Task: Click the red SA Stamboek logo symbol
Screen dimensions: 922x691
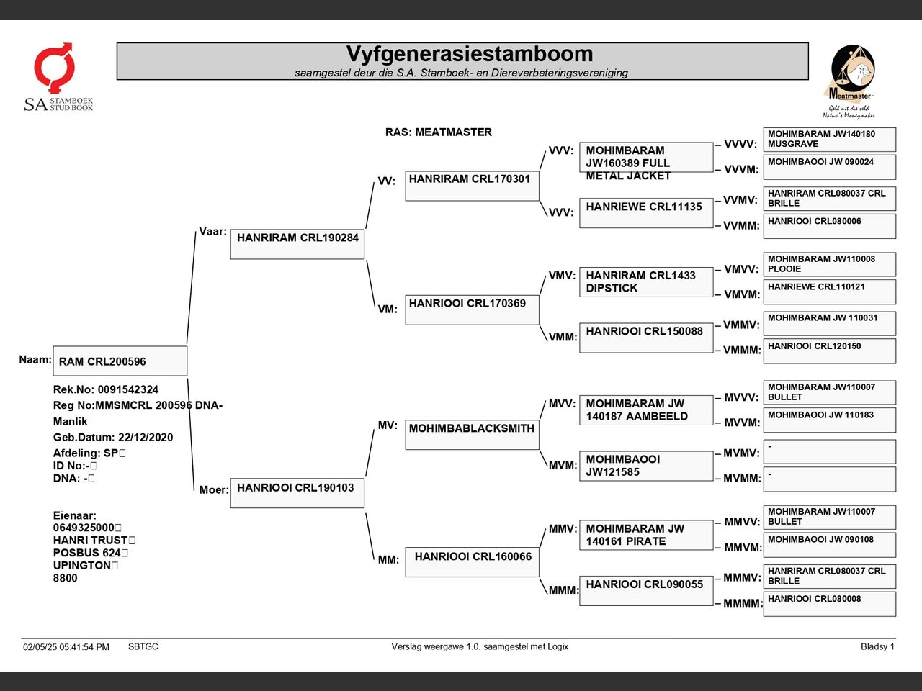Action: tap(54, 67)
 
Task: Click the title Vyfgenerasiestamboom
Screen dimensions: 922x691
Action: tap(470, 54)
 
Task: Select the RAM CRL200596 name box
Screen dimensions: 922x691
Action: tap(120, 361)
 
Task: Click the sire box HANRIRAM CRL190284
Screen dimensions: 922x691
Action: tap(297, 244)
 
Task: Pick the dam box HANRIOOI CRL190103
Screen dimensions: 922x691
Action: tap(297, 493)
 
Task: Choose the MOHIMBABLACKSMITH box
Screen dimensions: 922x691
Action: tap(472, 435)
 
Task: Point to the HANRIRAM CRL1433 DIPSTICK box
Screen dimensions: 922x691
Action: tap(646, 282)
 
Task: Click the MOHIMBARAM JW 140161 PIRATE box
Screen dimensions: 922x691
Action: tap(646, 535)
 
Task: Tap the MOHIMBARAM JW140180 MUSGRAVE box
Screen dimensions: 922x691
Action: tap(830, 140)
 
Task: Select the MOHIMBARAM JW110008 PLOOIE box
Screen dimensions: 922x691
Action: tap(830, 264)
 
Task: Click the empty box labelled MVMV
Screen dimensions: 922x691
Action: tap(830, 452)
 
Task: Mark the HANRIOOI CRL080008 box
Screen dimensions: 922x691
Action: tap(830, 604)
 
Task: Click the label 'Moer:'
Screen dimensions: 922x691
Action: tap(214, 489)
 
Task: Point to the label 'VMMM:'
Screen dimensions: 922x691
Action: tap(742, 350)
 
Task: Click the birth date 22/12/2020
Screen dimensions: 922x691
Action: tap(146, 437)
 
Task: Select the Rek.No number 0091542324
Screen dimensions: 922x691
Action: tap(128, 389)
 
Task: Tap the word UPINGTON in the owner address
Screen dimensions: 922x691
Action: tap(82, 565)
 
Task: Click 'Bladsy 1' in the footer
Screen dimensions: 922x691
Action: tap(877, 646)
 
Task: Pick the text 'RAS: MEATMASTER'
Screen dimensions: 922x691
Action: tap(439, 132)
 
